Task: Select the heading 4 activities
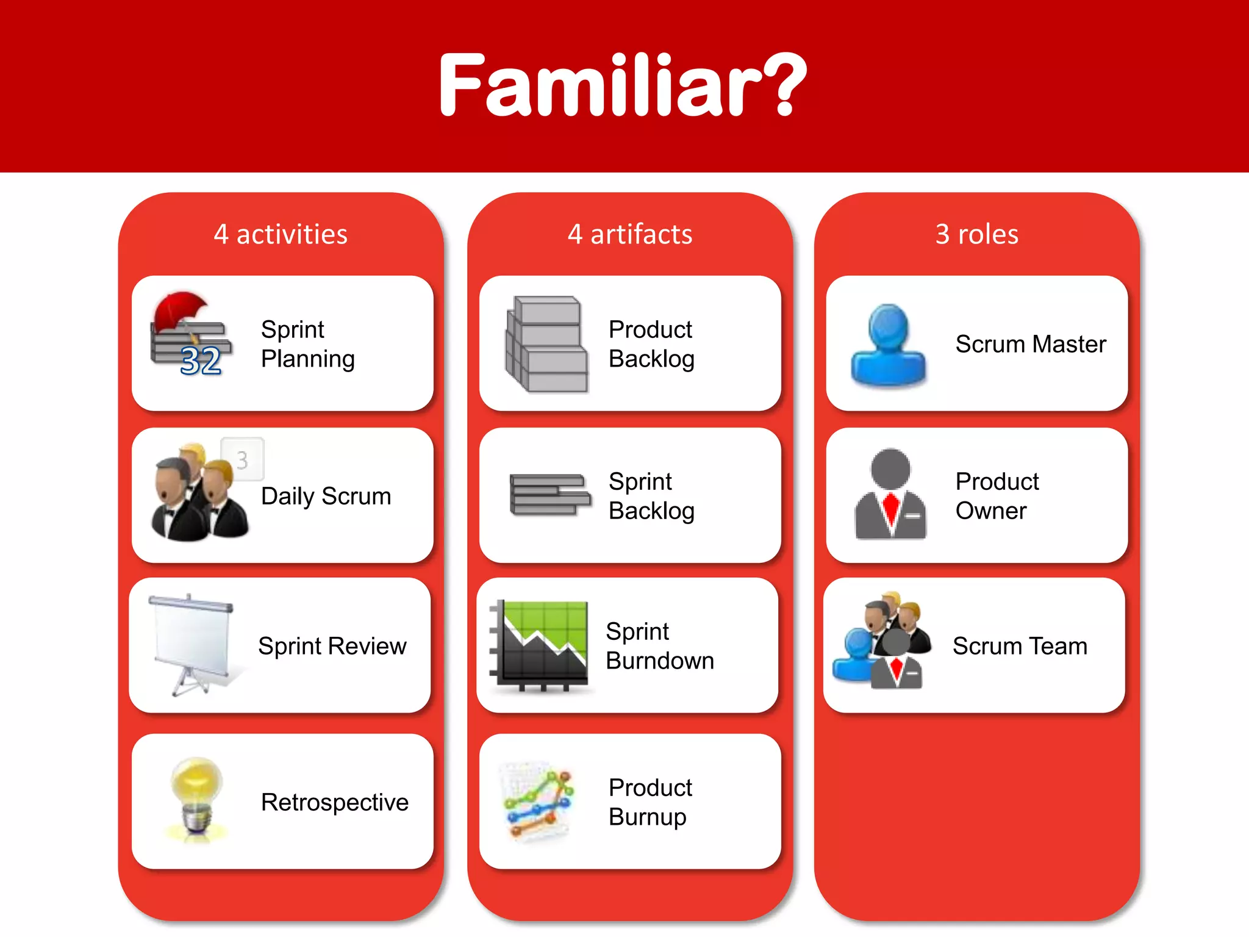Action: pos(281,234)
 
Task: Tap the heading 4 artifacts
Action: pos(630,234)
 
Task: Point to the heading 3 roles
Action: pos(977,234)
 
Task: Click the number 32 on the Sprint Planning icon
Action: pos(201,361)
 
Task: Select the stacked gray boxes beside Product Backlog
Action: pos(546,343)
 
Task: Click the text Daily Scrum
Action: pos(326,497)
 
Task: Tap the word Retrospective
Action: pos(334,802)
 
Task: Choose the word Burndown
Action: pos(660,661)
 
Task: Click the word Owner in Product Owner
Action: pos(991,511)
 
